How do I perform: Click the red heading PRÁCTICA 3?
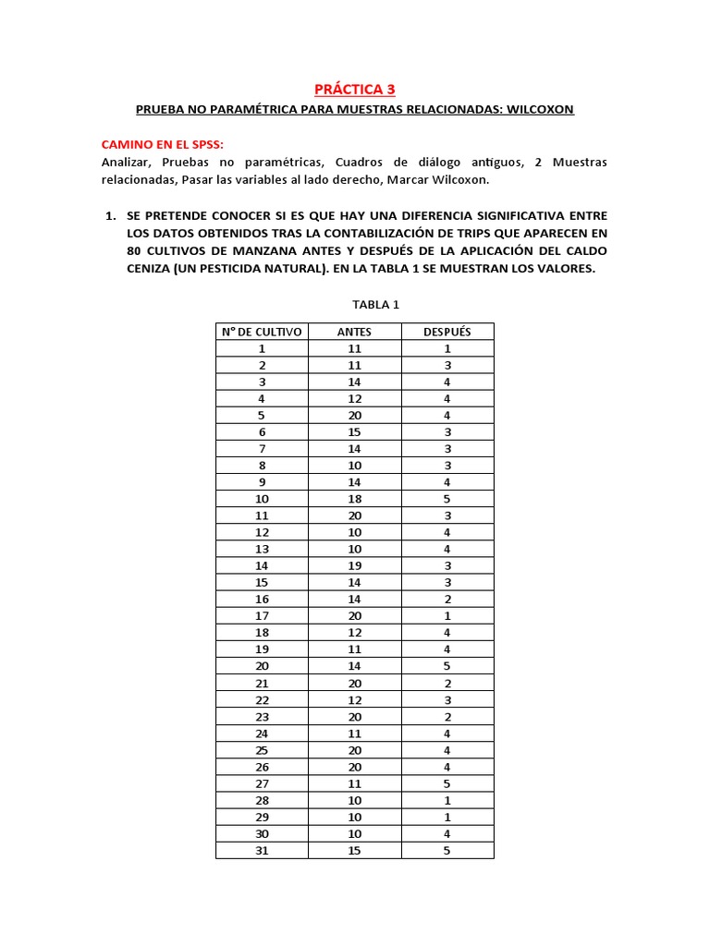(354, 89)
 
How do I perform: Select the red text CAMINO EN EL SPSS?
(162, 146)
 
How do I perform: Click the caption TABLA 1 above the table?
(354, 304)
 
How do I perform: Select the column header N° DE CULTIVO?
(262, 332)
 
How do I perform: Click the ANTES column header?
(354, 332)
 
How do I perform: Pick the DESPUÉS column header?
(447, 332)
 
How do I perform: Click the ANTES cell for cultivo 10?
(354, 499)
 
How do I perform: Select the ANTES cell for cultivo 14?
(354, 565)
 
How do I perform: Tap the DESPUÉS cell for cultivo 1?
(447, 348)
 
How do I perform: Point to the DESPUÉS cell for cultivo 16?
(447, 599)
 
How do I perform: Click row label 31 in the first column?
(262, 850)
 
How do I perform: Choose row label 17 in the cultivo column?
(262, 615)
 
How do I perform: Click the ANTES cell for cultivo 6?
(354, 431)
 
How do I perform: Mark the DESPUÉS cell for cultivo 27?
(447, 782)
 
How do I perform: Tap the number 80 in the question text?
(137, 252)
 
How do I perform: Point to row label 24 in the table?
(262, 733)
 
